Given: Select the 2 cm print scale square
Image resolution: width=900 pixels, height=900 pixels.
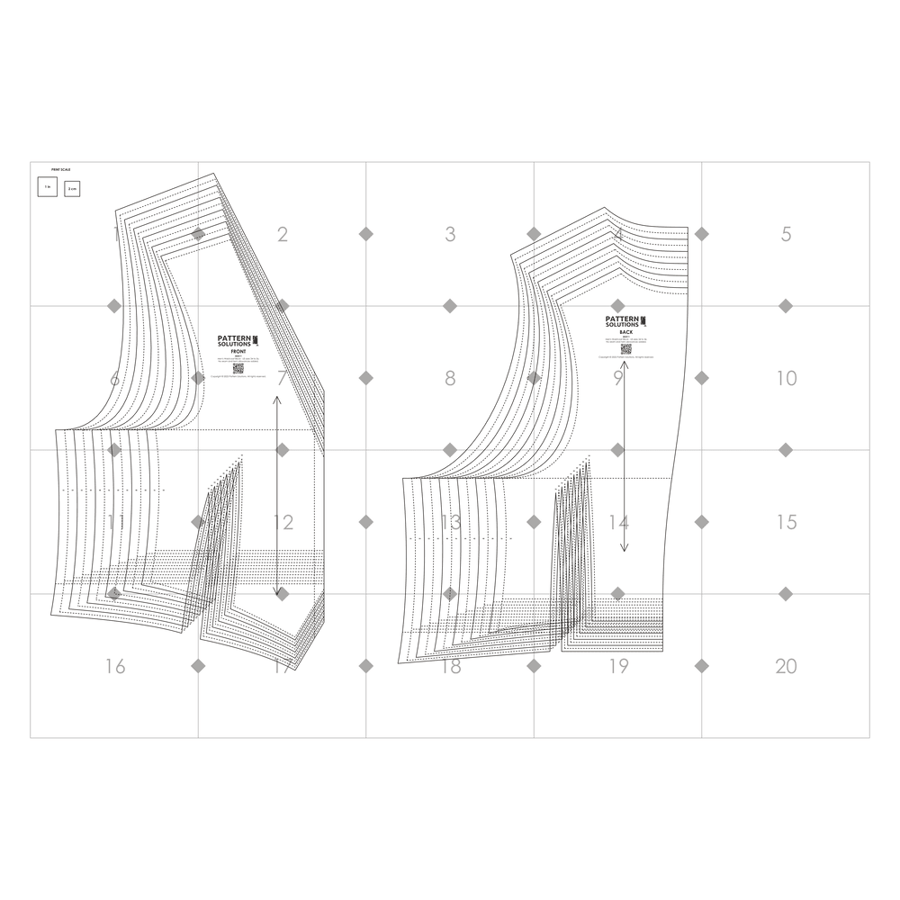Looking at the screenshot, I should coord(72,188).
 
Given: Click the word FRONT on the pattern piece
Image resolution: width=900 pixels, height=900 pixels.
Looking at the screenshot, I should coord(238,352).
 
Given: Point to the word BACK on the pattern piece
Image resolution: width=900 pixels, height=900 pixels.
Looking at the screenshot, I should coord(625,332).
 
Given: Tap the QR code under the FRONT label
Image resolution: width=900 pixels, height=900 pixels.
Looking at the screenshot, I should coord(238,367).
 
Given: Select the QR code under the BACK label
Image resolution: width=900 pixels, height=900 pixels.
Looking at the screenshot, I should coord(625,348).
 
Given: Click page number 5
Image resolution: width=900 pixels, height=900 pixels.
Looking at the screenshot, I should coord(786,235).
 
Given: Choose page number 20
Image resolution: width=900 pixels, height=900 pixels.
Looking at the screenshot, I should coord(786,666).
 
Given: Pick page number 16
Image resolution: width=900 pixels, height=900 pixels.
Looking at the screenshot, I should coord(114,666).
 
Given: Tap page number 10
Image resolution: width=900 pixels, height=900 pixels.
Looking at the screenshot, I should coord(786,378).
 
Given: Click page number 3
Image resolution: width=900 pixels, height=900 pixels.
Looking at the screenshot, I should coord(450,235).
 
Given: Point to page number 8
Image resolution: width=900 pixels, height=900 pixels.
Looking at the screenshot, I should coord(450,378).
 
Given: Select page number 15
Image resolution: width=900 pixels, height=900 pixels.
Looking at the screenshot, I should coord(786,522).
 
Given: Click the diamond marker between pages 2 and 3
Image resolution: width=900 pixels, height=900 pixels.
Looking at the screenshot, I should coord(366,234).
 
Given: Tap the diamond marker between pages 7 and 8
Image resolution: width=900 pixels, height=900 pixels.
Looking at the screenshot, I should coord(366,378).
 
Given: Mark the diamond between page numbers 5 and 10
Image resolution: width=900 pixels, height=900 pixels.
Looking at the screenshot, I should coord(786,306).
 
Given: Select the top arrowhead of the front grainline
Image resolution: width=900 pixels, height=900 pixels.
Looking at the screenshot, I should coord(276,399).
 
